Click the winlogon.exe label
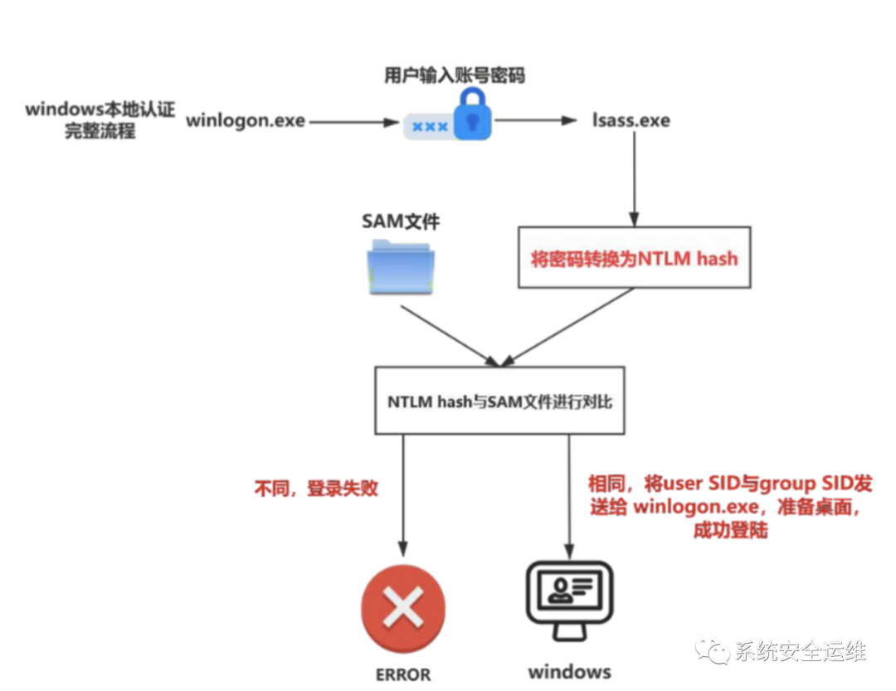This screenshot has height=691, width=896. coord(246,121)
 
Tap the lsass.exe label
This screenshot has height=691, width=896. coord(631,120)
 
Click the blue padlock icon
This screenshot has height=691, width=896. coord(473,114)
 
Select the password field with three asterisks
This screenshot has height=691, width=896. coord(430,126)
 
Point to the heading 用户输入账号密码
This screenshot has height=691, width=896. coord(455,75)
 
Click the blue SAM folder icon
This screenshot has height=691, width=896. coord(400,267)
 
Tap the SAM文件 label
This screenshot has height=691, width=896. coord(401,221)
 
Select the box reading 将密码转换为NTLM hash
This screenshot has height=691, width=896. coord(635,257)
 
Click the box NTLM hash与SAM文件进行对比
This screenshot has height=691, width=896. coord(499,401)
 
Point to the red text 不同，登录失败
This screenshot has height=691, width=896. coord(316,488)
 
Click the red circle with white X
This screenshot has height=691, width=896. coord(403,608)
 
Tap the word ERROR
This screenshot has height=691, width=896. coord(403,674)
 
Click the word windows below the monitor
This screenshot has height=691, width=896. coord(570,672)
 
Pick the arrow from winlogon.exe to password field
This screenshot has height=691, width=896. coord(354,122)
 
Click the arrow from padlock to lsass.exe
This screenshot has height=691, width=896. coord(535,120)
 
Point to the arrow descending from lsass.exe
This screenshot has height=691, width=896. coord(634,179)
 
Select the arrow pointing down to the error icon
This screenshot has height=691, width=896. coord(403,495)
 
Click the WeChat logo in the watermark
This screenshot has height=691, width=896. coord(712,650)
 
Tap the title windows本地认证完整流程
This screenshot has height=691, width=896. coord(100,119)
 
